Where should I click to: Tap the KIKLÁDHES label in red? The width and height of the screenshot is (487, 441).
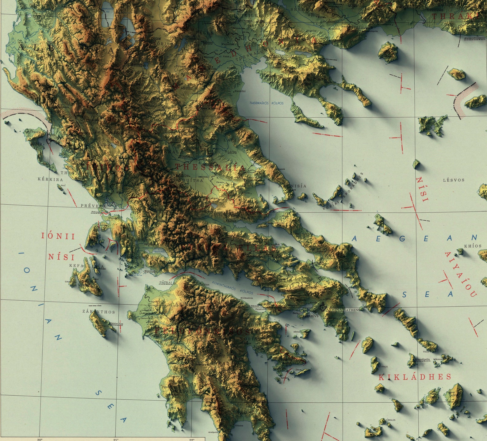[x=415, y=377]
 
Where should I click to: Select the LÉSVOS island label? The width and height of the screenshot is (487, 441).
[x=454, y=180]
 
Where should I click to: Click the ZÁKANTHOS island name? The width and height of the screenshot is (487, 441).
[x=99, y=312]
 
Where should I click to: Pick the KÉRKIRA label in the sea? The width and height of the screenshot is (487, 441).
[x=50, y=179]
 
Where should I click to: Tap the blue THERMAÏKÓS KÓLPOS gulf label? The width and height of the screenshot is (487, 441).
[x=267, y=103]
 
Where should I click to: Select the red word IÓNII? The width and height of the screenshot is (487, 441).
[x=58, y=236]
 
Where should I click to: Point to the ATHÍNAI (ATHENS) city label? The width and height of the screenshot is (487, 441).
[x=343, y=310]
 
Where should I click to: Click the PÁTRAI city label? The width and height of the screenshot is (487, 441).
[x=166, y=283]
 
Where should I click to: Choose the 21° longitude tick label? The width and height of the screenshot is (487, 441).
[x=115, y=439]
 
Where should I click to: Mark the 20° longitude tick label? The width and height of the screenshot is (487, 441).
[x=40, y=439]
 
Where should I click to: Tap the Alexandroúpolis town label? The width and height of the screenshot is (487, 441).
[x=475, y=38]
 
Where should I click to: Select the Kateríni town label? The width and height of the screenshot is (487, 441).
[x=240, y=91]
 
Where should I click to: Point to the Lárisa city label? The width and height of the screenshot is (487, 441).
[x=232, y=152]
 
